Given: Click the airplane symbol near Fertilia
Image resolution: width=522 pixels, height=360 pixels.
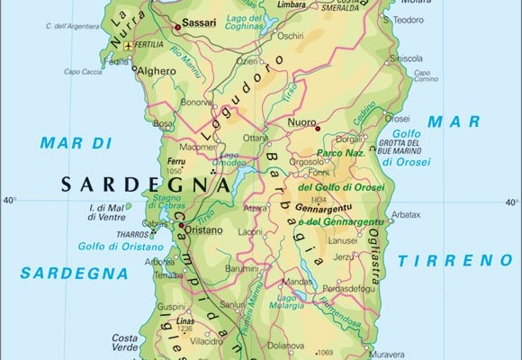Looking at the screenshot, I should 131,44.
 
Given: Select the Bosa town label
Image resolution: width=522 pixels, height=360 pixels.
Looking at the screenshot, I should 163,123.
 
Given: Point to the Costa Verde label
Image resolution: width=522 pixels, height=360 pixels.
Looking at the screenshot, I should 123,343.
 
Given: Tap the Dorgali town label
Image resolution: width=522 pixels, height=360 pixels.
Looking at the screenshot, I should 348,139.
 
